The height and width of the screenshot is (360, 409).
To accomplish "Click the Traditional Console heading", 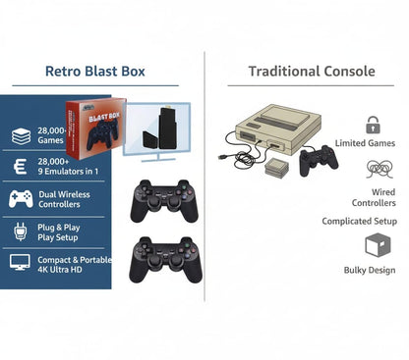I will click(311, 72).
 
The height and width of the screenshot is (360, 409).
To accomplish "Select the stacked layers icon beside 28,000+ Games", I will click(21, 136).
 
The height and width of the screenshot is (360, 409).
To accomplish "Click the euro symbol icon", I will click(21, 168).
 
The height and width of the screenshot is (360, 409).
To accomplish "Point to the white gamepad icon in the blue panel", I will click(21, 199).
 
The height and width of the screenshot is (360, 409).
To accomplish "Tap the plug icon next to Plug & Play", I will click(21, 231).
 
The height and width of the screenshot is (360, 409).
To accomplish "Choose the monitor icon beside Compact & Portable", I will click(21, 263).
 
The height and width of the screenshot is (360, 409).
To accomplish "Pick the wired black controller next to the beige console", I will click(318, 158).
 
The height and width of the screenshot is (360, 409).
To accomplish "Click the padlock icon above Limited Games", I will click(373, 125).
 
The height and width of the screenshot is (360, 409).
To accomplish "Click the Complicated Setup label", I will click(360, 222).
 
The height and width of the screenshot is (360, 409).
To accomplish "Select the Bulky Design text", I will click(370, 270).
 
